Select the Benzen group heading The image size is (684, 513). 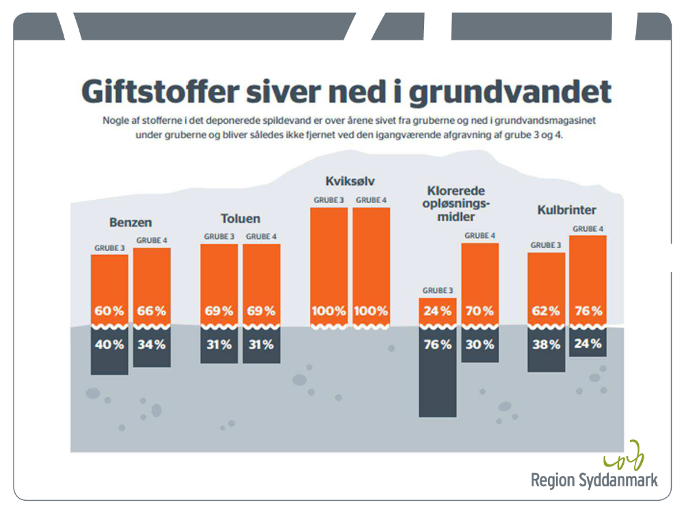click(x=130, y=222)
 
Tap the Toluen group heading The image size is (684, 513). click(x=240, y=219)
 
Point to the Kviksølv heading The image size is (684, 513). click(x=350, y=181)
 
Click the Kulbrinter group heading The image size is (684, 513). click(x=567, y=210)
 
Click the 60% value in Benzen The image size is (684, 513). click(x=109, y=311)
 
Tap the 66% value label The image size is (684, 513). click(x=151, y=311)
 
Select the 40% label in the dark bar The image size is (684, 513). click(x=109, y=345)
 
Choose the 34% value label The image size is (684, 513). click(x=151, y=345)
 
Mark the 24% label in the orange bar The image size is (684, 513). click(x=437, y=311)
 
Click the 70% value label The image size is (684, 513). click(x=479, y=311)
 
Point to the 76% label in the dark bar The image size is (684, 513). click(x=437, y=345)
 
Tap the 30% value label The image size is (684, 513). click(x=479, y=345)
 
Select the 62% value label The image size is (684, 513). click(x=547, y=311)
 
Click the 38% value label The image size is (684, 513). click(x=547, y=345)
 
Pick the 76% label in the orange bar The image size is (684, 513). click(x=588, y=311)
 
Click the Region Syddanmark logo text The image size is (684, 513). click(x=594, y=479)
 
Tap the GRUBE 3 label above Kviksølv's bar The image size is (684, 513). click(x=329, y=200)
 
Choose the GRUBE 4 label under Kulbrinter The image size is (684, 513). click(x=588, y=229)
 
